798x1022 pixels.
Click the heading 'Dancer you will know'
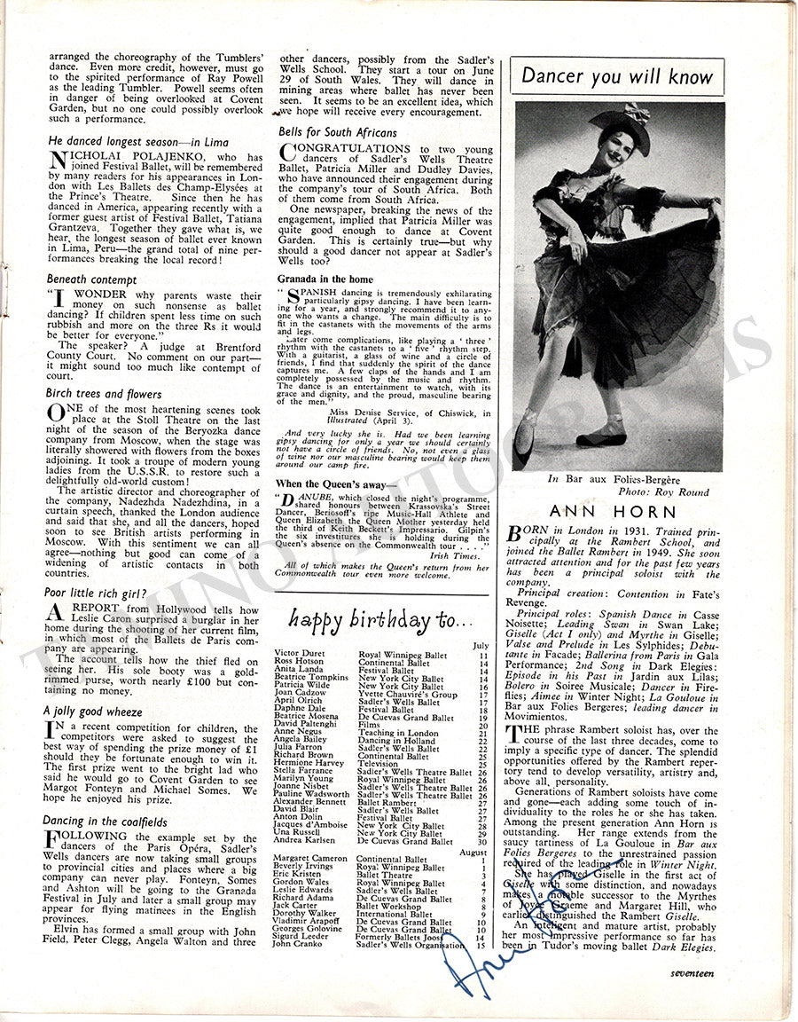click(x=616, y=76)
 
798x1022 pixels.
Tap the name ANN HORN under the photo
click(x=613, y=512)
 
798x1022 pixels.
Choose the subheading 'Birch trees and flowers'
click(x=104, y=393)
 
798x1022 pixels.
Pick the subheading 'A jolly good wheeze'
click(x=92, y=711)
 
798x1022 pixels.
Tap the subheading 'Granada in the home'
click(x=323, y=279)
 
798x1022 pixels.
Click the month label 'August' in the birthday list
click(x=473, y=852)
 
